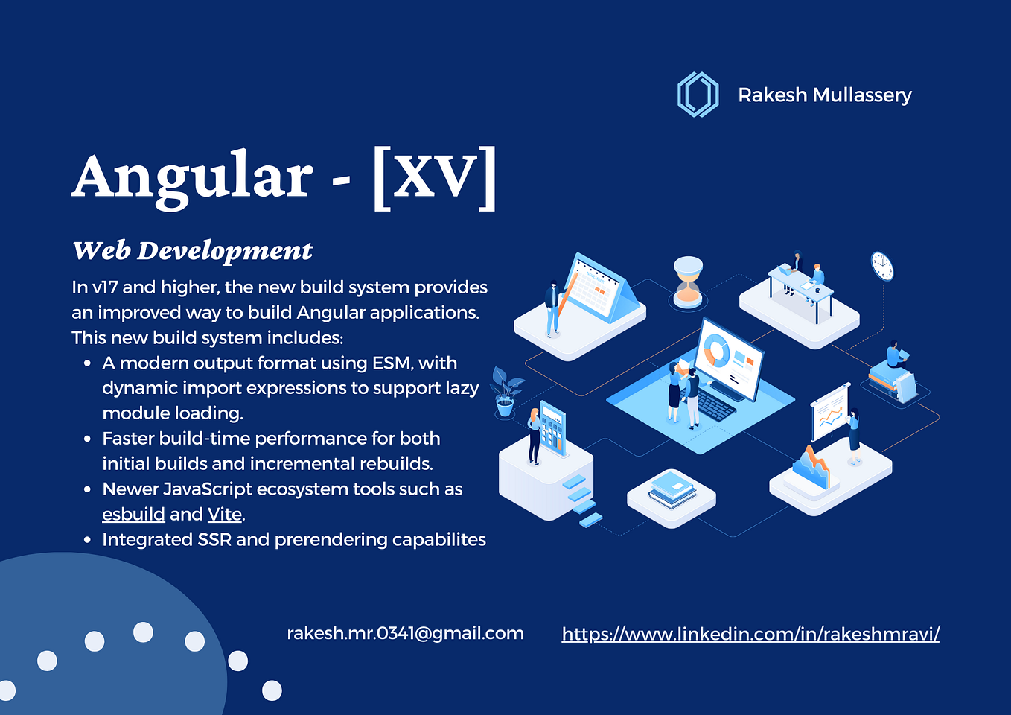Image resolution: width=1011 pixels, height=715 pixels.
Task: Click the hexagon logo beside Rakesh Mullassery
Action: tap(698, 95)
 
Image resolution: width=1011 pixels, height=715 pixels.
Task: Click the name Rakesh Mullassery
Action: tap(824, 95)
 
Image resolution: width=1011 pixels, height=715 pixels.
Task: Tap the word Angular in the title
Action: tap(192, 177)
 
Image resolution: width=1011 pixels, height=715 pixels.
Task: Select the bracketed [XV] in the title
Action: tap(434, 178)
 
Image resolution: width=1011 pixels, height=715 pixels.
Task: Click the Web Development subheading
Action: tap(192, 251)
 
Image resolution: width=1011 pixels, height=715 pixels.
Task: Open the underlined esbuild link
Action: tap(133, 515)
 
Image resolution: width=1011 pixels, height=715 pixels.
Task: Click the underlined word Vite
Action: tap(224, 515)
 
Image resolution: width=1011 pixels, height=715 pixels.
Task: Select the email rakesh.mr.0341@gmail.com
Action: tap(405, 633)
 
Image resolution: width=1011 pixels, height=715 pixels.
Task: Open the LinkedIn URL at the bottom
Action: tap(750, 634)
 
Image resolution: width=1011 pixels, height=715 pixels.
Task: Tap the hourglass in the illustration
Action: tap(688, 282)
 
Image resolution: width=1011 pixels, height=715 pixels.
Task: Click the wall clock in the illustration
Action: tap(882, 266)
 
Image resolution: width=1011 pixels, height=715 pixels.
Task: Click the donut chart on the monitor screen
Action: tap(717, 350)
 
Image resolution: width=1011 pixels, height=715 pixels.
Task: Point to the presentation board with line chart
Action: tap(829, 413)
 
